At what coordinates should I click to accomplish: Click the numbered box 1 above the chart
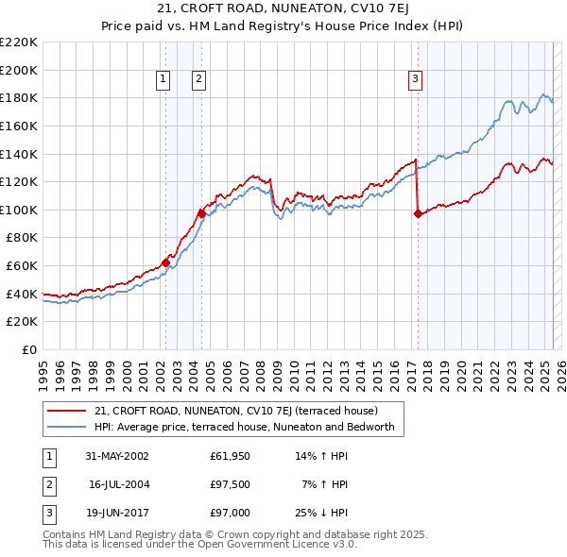163,80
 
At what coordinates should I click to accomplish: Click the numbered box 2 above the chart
199,80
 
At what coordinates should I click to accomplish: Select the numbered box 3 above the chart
416,80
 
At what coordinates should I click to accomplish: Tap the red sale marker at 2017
418,214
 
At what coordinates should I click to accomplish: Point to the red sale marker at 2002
165,262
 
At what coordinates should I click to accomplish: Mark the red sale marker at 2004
201,213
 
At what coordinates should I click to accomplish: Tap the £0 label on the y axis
28,349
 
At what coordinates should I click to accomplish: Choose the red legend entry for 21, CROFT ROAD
236,411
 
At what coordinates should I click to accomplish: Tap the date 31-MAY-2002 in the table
117,456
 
